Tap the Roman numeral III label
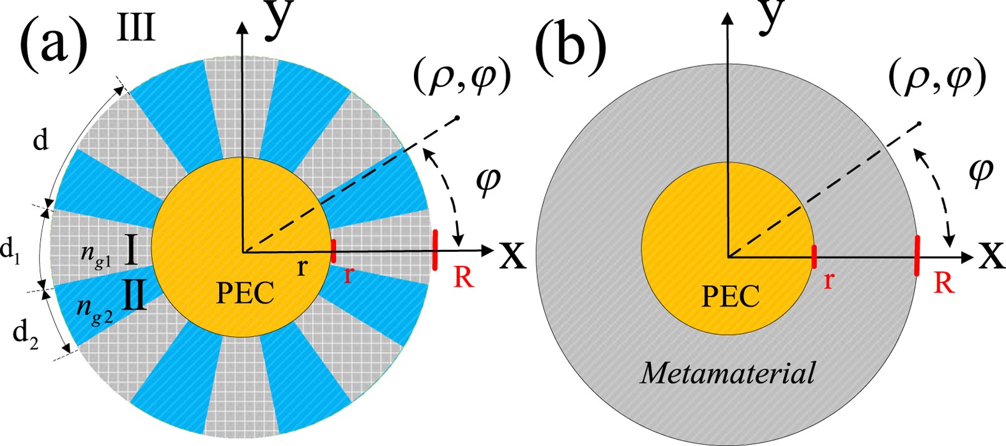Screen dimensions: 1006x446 point(137,28)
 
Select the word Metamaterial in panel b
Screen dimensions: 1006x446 point(728,373)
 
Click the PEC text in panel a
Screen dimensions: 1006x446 point(245,294)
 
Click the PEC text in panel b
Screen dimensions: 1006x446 point(731,296)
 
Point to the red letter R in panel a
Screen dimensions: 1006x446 point(464,277)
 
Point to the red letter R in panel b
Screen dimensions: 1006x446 point(944,282)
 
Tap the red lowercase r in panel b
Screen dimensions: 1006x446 point(828,279)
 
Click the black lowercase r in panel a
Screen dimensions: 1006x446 point(302,267)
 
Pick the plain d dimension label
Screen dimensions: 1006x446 point(40,141)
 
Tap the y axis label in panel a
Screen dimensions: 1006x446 point(282,15)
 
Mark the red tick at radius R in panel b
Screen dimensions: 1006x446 point(917,256)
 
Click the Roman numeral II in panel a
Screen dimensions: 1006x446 point(134,297)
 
